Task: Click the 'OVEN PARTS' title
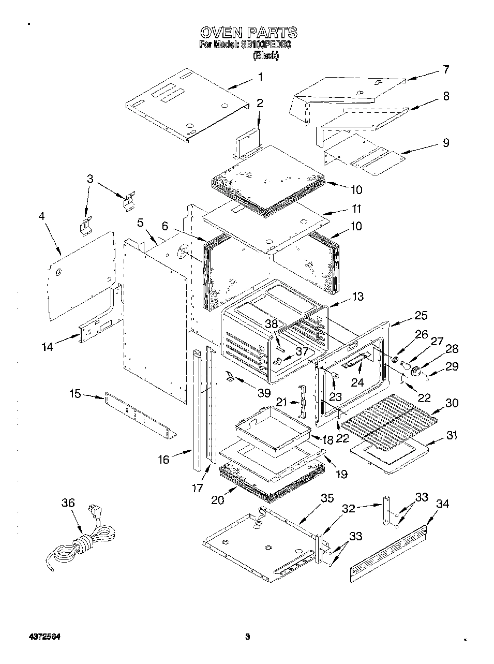[248, 33]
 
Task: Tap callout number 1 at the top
[260, 77]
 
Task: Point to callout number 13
[357, 297]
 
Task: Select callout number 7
[445, 69]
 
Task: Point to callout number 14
[47, 347]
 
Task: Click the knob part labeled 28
[414, 371]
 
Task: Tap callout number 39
[264, 393]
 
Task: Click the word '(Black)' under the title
[265, 55]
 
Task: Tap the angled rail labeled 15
[140, 414]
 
